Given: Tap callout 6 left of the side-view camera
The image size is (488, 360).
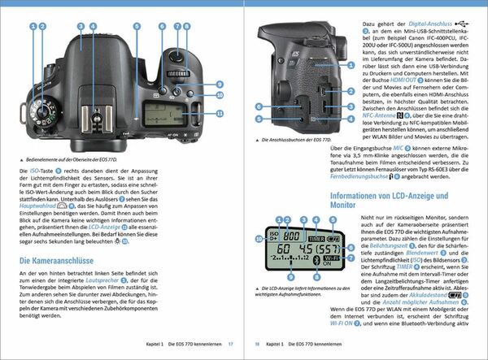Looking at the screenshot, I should (x=257, y=107).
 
